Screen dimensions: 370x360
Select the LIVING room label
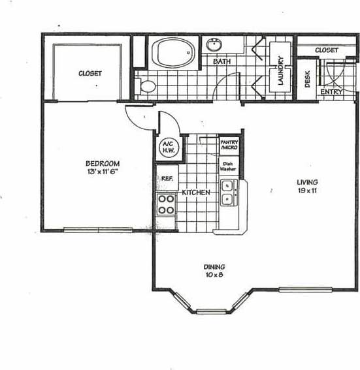(x=306, y=182)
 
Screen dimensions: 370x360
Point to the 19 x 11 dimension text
(x=306, y=191)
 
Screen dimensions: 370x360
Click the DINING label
(x=214, y=267)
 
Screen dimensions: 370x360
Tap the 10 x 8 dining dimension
(x=214, y=275)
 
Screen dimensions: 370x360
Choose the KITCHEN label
(x=195, y=193)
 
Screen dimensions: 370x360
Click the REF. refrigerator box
(x=167, y=177)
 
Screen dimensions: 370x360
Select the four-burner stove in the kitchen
(x=166, y=205)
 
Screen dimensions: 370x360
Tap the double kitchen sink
(x=228, y=193)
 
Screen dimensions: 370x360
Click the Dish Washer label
(x=228, y=166)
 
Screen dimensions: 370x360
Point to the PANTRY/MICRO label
(x=229, y=146)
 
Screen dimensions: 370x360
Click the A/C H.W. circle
(x=166, y=148)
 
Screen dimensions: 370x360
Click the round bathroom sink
(x=216, y=45)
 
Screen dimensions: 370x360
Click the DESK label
(x=307, y=78)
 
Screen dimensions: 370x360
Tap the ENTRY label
(x=331, y=93)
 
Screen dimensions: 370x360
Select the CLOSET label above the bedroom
(x=90, y=74)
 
